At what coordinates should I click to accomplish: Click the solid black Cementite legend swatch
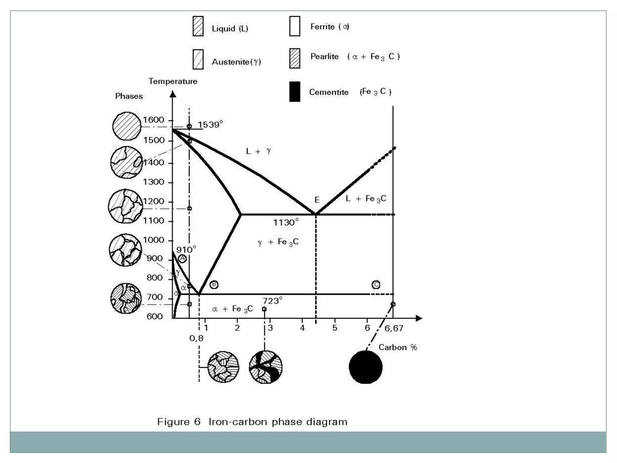pyautogui.click(x=294, y=92)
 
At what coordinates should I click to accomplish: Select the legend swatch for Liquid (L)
pyautogui.click(x=198, y=27)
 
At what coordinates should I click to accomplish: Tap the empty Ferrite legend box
pyautogui.click(x=294, y=26)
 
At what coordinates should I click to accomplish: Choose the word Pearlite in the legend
pyautogui.click(x=324, y=56)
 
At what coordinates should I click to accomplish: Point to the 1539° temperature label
pyautogui.click(x=210, y=124)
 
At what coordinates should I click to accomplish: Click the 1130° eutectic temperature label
pyautogui.click(x=286, y=222)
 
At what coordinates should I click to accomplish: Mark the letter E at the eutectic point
pyautogui.click(x=317, y=200)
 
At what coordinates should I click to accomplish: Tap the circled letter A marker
pyautogui.click(x=182, y=258)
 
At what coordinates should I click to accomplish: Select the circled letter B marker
pyautogui.click(x=214, y=284)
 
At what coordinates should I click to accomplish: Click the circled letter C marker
pyautogui.click(x=376, y=285)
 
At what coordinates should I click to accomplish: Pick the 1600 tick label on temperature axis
pyautogui.click(x=153, y=120)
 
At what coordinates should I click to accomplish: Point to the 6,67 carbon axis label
pyautogui.click(x=393, y=328)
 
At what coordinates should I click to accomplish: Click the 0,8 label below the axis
pyautogui.click(x=196, y=338)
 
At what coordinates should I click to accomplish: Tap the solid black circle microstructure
pyautogui.click(x=365, y=367)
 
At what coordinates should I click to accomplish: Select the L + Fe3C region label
pyautogui.click(x=366, y=199)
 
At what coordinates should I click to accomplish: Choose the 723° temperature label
pyautogui.click(x=272, y=301)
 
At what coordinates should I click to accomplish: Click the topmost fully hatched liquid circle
pyautogui.click(x=127, y=126)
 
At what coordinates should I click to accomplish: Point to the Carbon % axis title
pyautogui.click(x=397, y=347)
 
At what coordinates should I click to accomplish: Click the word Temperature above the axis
pyautogui.click(x=173, y=81)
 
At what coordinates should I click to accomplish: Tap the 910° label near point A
pyautogui.click(x=186, y=249)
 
